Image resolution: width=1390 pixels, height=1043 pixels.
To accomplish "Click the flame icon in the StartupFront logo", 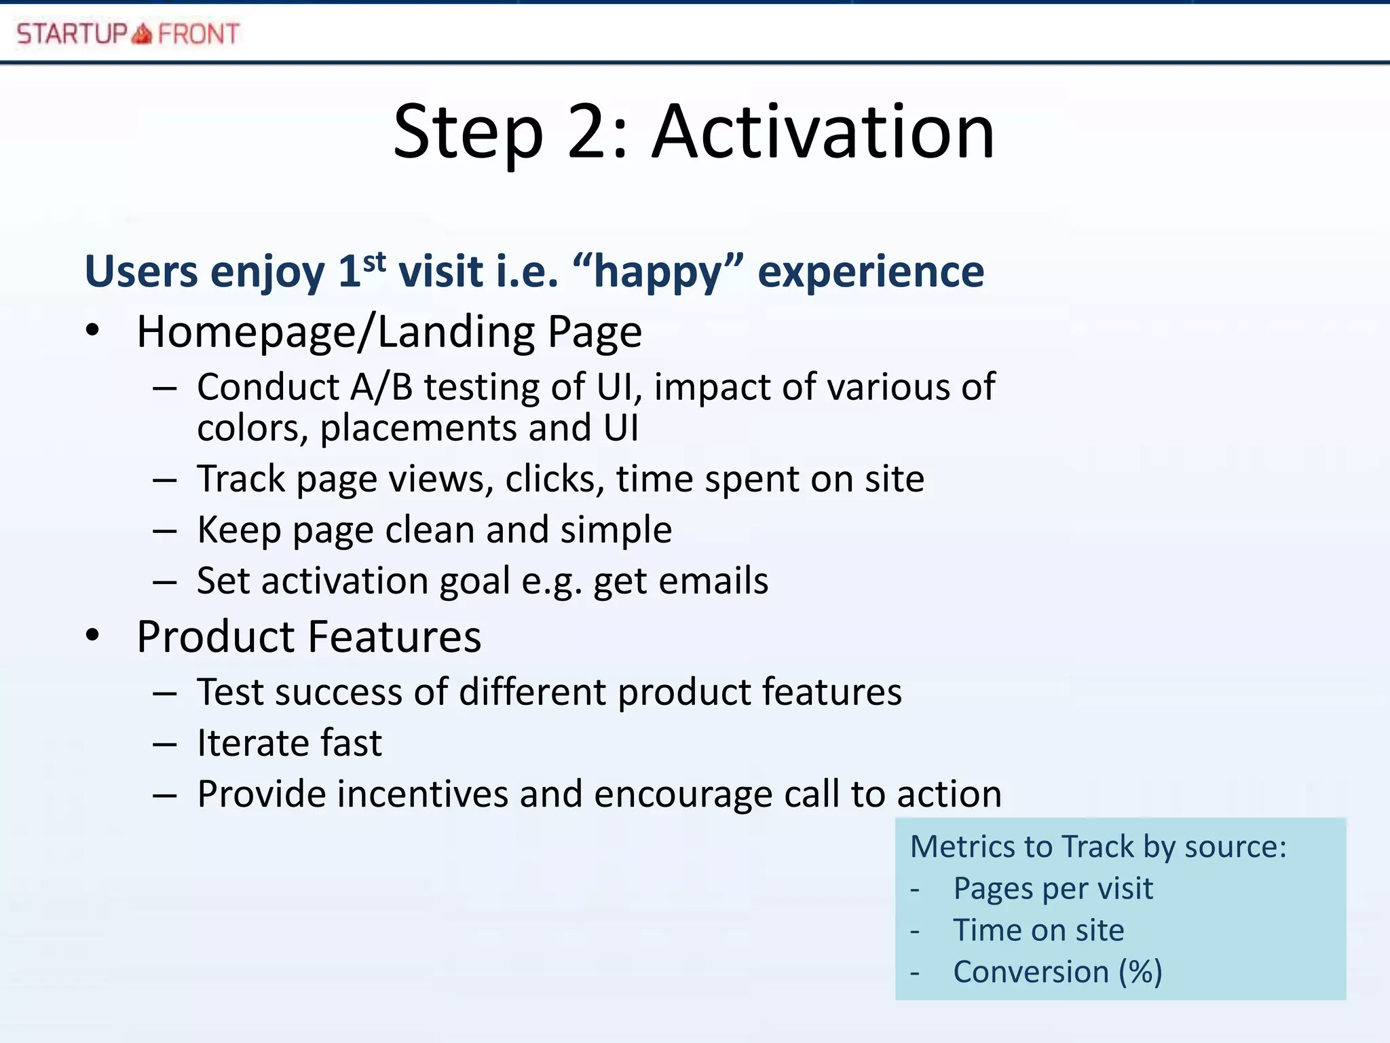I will pos(142,33).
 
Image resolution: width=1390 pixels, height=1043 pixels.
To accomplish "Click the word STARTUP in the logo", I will pos(72,33).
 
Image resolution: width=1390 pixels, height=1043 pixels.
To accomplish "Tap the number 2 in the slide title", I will pos(587,132).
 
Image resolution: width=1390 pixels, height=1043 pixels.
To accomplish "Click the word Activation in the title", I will pos(823,132).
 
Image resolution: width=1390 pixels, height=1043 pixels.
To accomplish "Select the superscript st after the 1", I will pos(375,261).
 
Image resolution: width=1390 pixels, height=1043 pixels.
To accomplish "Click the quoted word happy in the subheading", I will pos(658,273).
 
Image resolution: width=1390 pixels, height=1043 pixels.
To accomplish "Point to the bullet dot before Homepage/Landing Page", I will pos(93,331).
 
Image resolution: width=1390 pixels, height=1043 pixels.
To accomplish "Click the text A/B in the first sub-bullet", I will pos(381,388).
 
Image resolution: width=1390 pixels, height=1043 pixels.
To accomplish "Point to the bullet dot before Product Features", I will pos(93,636).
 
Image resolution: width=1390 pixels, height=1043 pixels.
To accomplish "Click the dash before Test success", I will pos(165,693).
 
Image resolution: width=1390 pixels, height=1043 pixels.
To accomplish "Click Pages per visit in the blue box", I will pos(1053,889).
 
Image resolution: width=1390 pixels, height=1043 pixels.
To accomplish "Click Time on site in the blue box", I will pos(1038,930).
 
